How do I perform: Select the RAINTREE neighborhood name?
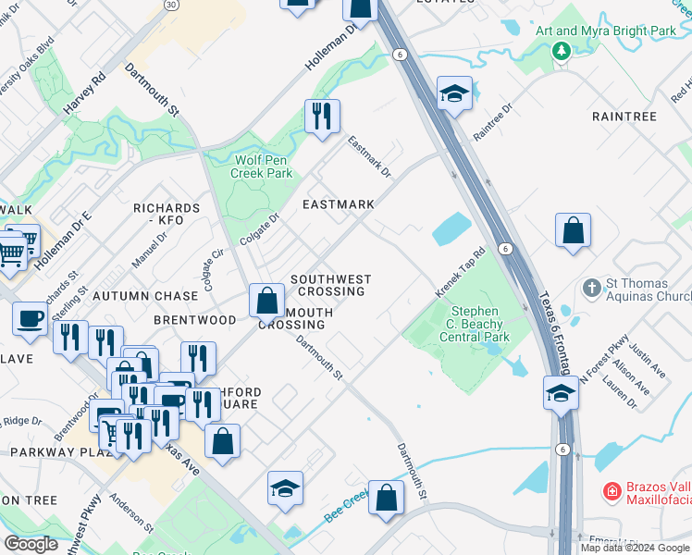[624, 117]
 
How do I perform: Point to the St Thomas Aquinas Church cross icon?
[593, 289]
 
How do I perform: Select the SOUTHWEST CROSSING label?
[330, 285]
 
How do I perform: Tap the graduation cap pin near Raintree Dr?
[454, 93]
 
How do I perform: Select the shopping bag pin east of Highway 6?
[573, 229]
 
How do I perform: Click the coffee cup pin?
[30, 317]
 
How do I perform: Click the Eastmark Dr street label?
[369, 156]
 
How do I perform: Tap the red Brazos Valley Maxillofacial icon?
[611, 489]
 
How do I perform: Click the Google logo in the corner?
[31, 544]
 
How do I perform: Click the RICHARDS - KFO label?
[167, 215]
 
